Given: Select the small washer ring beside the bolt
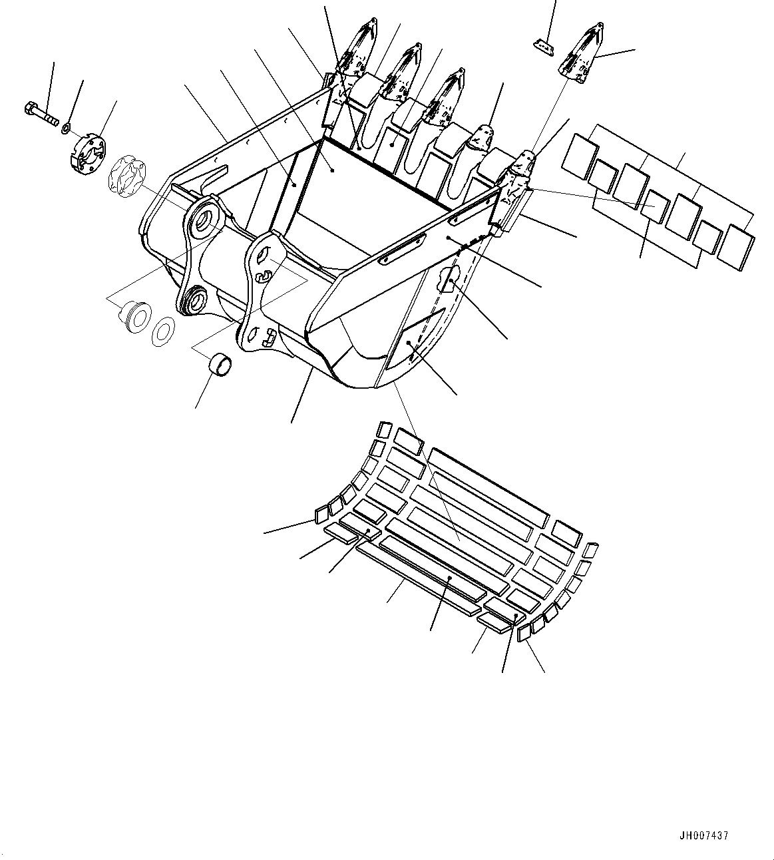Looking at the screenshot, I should [68, 126].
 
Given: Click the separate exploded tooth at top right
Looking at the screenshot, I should [581, 56].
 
